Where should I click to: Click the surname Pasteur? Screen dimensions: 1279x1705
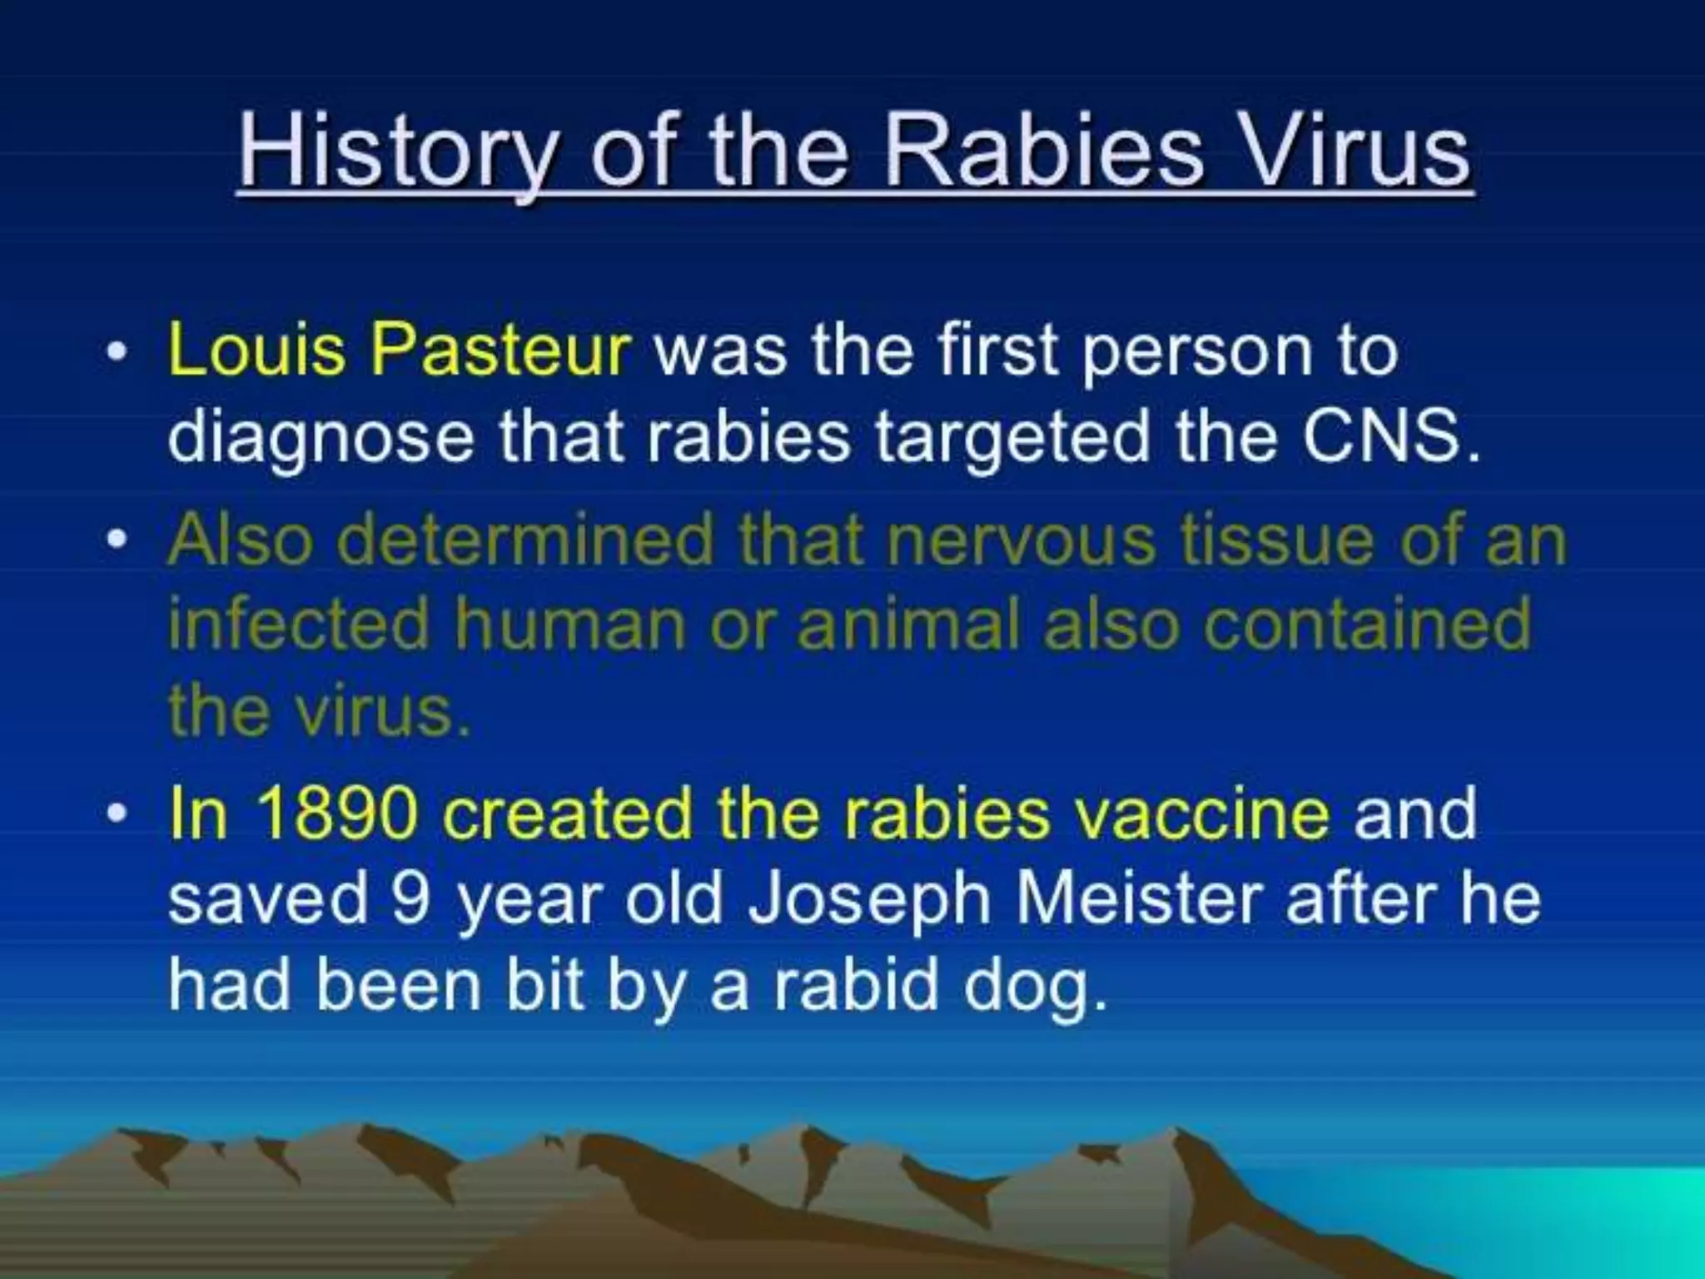tap(500, 350)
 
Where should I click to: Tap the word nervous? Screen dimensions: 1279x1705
tap(1021, 541)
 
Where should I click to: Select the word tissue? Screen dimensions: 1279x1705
tap(1278, 540)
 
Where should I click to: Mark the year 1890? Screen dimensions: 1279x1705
tap(336, 814)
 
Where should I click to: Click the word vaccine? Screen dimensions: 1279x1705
tap(1202, 814)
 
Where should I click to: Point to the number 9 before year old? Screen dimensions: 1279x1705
tap(411, 899)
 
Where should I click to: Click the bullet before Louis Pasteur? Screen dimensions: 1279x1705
tap(118, 351)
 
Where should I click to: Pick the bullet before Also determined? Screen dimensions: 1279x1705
tap(118, 540)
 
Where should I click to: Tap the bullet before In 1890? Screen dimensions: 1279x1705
tap(118, 814)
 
